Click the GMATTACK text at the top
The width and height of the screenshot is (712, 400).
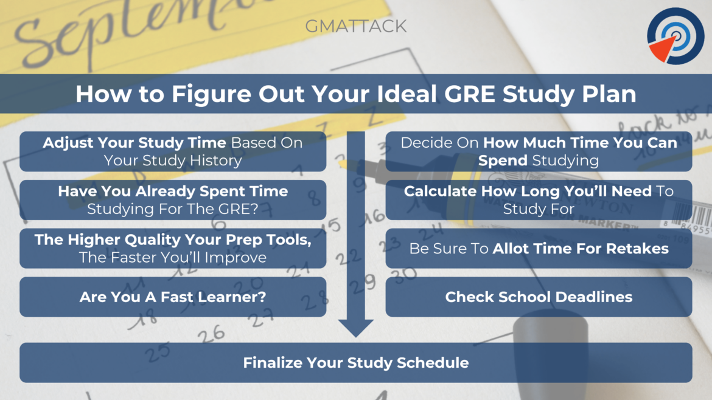(x=355, y=26)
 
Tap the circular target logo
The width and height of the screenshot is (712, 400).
(x=675, y=35)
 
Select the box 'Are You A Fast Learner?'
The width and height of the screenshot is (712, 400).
(x=173, y=297)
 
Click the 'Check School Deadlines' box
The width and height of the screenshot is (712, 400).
(x=539, y=297)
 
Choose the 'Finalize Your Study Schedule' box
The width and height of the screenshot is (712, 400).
(x=355, y=363)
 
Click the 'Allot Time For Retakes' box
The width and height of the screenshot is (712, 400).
(x=539, y=249)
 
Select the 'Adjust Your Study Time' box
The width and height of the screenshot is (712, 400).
(x=173, y=151)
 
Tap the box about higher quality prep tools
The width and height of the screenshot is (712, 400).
(x=173, y=249)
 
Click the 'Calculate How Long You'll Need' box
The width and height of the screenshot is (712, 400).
(x=539, y=200)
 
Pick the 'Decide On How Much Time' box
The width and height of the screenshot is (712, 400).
(x=539, y=151)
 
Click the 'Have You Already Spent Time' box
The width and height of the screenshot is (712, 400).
(x=173, y=200)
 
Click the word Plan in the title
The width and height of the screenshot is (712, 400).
(x=612, y=95)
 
